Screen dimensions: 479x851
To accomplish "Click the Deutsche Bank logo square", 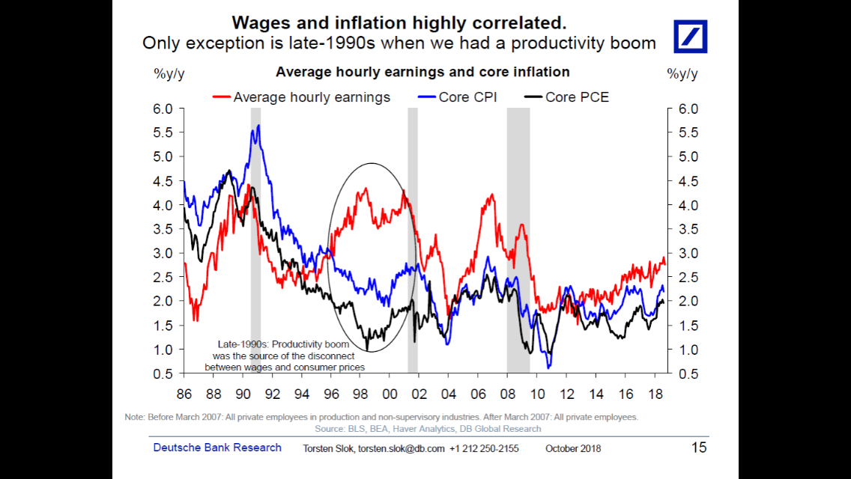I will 691,36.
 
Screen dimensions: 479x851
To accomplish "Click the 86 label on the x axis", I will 184,393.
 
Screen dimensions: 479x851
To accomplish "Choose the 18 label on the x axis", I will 654,393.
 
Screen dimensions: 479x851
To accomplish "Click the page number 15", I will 698,448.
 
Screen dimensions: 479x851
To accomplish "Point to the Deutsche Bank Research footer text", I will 217,448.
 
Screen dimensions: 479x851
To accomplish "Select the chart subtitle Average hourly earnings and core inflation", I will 423,72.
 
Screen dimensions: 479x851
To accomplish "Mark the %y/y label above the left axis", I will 169,73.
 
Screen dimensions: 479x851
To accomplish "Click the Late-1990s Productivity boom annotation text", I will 285,356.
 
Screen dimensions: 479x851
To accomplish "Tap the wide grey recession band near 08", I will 518,239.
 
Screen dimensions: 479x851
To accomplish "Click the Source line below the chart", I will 428,429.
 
